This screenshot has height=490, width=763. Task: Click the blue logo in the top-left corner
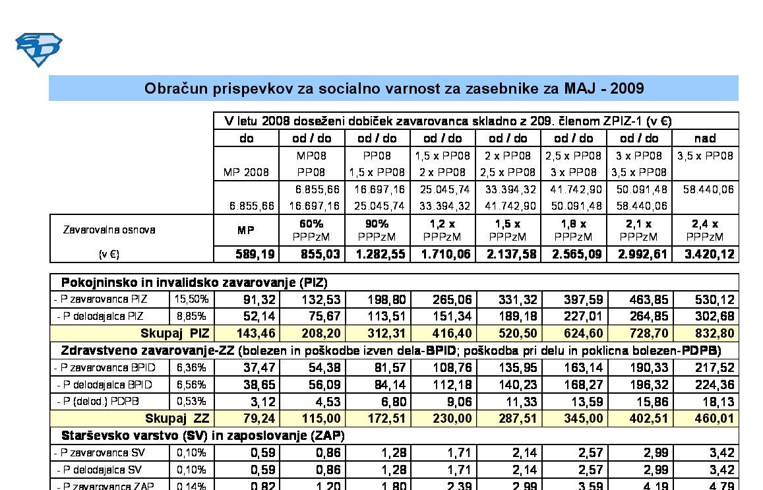coord(38,48)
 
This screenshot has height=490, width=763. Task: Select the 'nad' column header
coord(705,138)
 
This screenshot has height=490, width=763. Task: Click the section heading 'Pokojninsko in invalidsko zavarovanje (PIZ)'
coord(194,282)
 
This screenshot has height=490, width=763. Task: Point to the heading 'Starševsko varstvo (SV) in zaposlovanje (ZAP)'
coord(202,436)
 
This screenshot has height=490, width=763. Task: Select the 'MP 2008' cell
coord(246,173)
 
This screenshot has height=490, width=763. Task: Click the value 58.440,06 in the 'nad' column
coord(705,190)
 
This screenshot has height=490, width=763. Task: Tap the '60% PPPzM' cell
coord(311,230)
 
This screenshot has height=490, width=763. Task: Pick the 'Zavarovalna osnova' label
coord(109,230)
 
